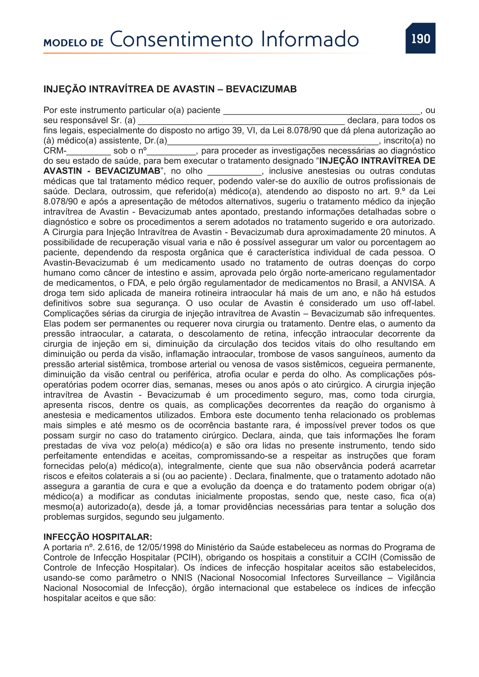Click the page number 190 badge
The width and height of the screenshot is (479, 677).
(420, 38)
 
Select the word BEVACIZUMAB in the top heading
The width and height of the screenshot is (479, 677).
(261, 89)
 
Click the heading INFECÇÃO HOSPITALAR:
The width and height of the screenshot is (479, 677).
(98, 537)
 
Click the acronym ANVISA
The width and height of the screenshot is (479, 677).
(409, 283)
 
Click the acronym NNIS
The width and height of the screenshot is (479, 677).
(182, 578)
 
